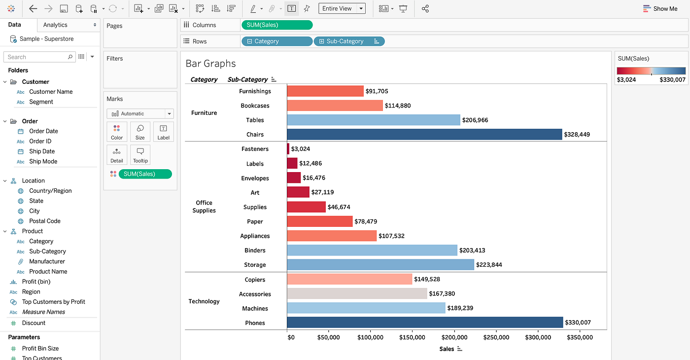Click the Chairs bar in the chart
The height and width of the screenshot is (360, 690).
tap(424, 134)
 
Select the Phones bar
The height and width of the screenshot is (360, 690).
tap(424, 323)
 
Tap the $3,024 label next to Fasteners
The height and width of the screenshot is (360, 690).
tap(300, 149)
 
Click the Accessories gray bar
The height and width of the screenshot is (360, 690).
tap(357, 294)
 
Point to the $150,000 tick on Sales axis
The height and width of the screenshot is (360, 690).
tap(412, 338)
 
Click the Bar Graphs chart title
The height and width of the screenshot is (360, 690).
tap(210, 64)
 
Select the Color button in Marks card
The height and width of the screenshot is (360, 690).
tap(117, 132)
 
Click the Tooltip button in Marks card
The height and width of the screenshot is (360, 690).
tap(140, 155)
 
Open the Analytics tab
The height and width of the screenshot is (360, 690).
tap(55, 25)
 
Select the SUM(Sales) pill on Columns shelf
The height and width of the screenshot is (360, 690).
tap(276, 25)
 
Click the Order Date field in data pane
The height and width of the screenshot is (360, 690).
tap(43, 131)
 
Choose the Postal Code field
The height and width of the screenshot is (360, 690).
tap(44, 221)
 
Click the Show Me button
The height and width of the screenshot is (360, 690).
tap(660, 9)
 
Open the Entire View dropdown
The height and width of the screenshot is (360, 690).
tap(342, 8)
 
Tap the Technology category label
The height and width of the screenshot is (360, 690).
tap(204, 301)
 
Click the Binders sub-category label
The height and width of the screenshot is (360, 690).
tap(255, 251)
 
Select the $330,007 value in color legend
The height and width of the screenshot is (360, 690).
tap(672, 80)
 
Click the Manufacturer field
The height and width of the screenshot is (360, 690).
tap(47, 261)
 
